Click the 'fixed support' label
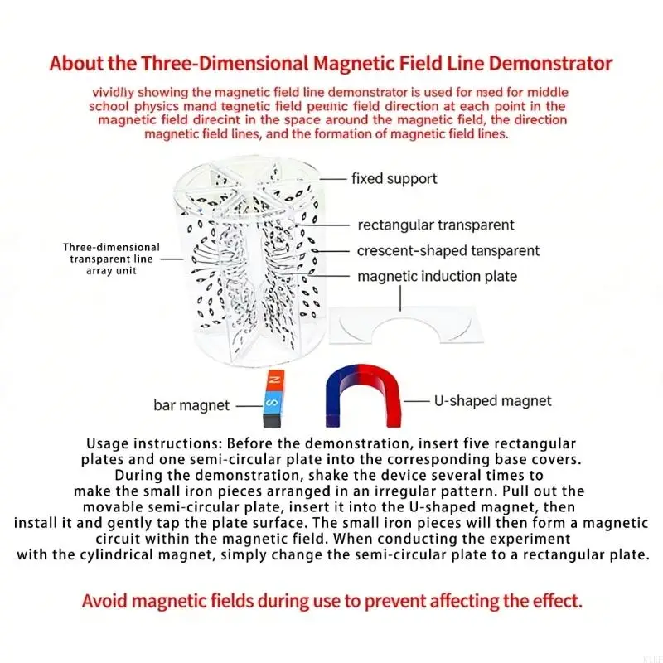click(x=394, y=179)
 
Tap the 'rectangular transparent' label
click(x=436, y=225)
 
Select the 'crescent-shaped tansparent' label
click(x=448, y=251)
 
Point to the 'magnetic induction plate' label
click(x=438, y=277)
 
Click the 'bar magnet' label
click(x=191, y=405)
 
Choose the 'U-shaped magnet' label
click(x=492, y=401)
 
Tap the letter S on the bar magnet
click(x=273, y=402)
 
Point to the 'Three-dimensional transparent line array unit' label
click(x=112, y=259)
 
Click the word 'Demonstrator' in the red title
click(x=550, y=64)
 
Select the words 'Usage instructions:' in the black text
click(x=155, y=444)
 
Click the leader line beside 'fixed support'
click(x=333, y=179)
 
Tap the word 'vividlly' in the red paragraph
click(x=114, y=93)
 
